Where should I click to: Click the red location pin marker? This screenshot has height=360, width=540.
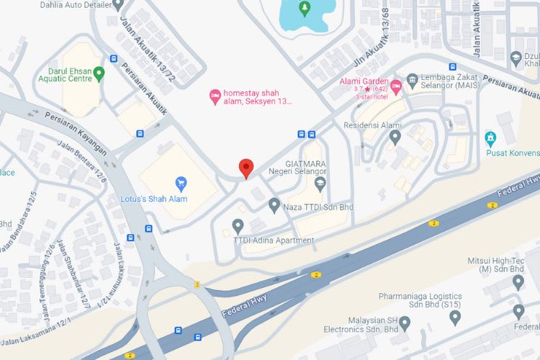pyautogui.click(x=246, y=168)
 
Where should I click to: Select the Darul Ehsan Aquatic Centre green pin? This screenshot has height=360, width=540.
pyautogui.click(x=99, y=72)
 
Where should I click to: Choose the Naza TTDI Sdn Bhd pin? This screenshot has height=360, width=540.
pyautogui.click(x=274, y=206)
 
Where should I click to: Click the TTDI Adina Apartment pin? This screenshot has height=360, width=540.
pyautogui.click(x=238, y=226)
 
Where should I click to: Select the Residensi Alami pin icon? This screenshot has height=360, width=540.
pyautogui.click(x=395, y=136)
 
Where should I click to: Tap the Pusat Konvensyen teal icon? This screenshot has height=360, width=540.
pyautogui.click(x=491, y=137)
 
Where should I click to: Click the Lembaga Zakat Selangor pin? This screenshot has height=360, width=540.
pyautogui.click(x=412, y=78)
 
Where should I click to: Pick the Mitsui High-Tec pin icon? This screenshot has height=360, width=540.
pyautogui.click(x=518, y=282)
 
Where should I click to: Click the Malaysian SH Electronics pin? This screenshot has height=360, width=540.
pyautogui.click(x=405, y=323)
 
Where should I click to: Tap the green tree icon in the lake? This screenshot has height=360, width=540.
pyautogui.click(x=304, y=9)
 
